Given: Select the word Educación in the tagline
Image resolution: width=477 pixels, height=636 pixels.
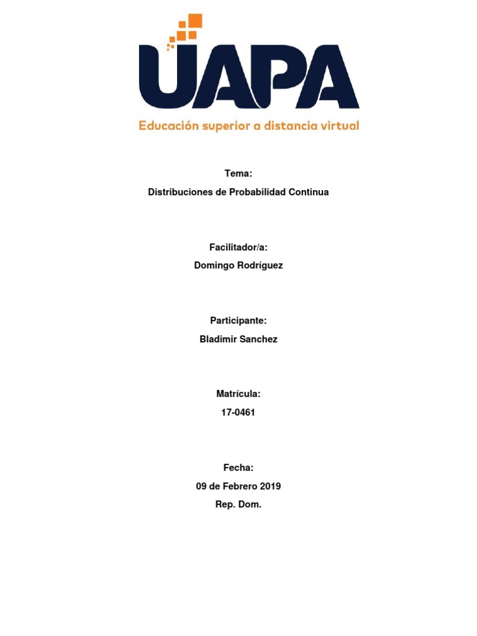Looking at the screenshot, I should point(168,126).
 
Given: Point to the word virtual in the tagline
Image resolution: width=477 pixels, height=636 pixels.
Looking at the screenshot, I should point(338,125).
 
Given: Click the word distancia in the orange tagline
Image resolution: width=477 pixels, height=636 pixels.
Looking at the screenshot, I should point(284,125).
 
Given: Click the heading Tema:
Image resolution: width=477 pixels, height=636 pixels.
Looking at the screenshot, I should point(238,174).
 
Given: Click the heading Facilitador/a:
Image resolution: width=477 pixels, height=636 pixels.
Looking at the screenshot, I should point(238,247).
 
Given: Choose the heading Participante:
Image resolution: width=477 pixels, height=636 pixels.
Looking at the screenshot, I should point(238,320).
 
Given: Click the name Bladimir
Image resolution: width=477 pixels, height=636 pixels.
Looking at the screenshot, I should point(217,338).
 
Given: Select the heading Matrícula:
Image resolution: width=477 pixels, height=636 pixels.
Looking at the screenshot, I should point(238,394).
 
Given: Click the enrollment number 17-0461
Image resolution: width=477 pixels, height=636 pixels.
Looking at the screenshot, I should point(238,412).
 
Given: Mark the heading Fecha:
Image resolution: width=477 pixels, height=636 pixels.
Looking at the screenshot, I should point(238,468).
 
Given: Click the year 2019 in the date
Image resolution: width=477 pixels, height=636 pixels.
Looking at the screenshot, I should point(269,486).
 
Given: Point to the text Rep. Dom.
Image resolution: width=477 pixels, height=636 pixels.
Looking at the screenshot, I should point(238,504).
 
